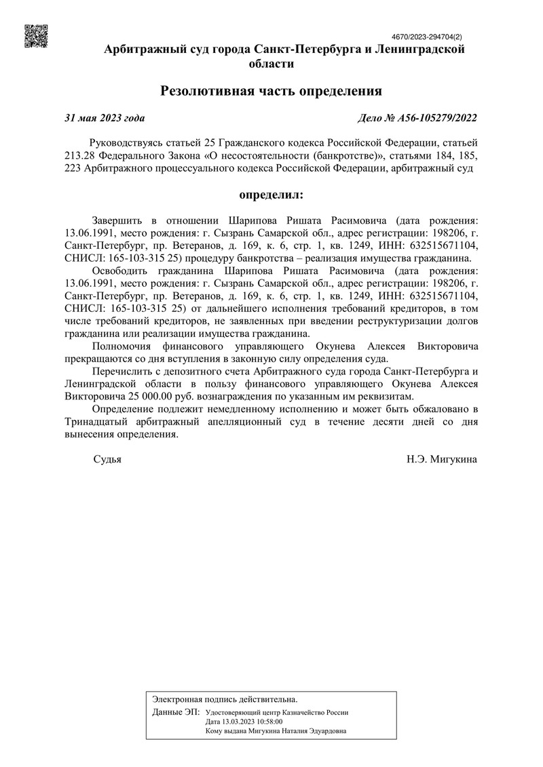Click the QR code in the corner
(36, 35)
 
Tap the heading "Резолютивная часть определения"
(271, 91)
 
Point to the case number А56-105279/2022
(417, 117)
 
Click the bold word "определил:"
(271, 195)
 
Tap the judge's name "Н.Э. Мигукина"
(442, 460)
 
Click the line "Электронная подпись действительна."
(225, 698)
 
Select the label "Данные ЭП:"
(176, 712)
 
